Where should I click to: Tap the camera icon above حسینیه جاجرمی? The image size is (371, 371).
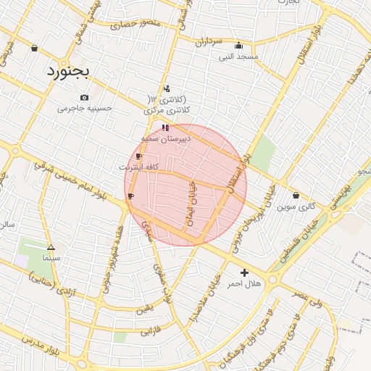[x=85, y=98]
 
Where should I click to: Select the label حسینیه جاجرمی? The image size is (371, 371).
[x=86, y=109]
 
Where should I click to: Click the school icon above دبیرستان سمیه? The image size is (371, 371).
[x=165, y=128]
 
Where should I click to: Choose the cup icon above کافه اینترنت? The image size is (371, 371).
[x=138, y=156]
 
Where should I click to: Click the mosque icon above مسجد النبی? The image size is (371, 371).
[x=239, y=45]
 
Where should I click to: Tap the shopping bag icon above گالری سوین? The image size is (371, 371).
[x=296, y=195]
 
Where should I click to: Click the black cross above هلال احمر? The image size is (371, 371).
[x=244, y=273]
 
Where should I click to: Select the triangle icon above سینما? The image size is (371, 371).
[x=51, y=247]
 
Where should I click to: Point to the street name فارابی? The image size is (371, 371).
[x=147, y=331]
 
